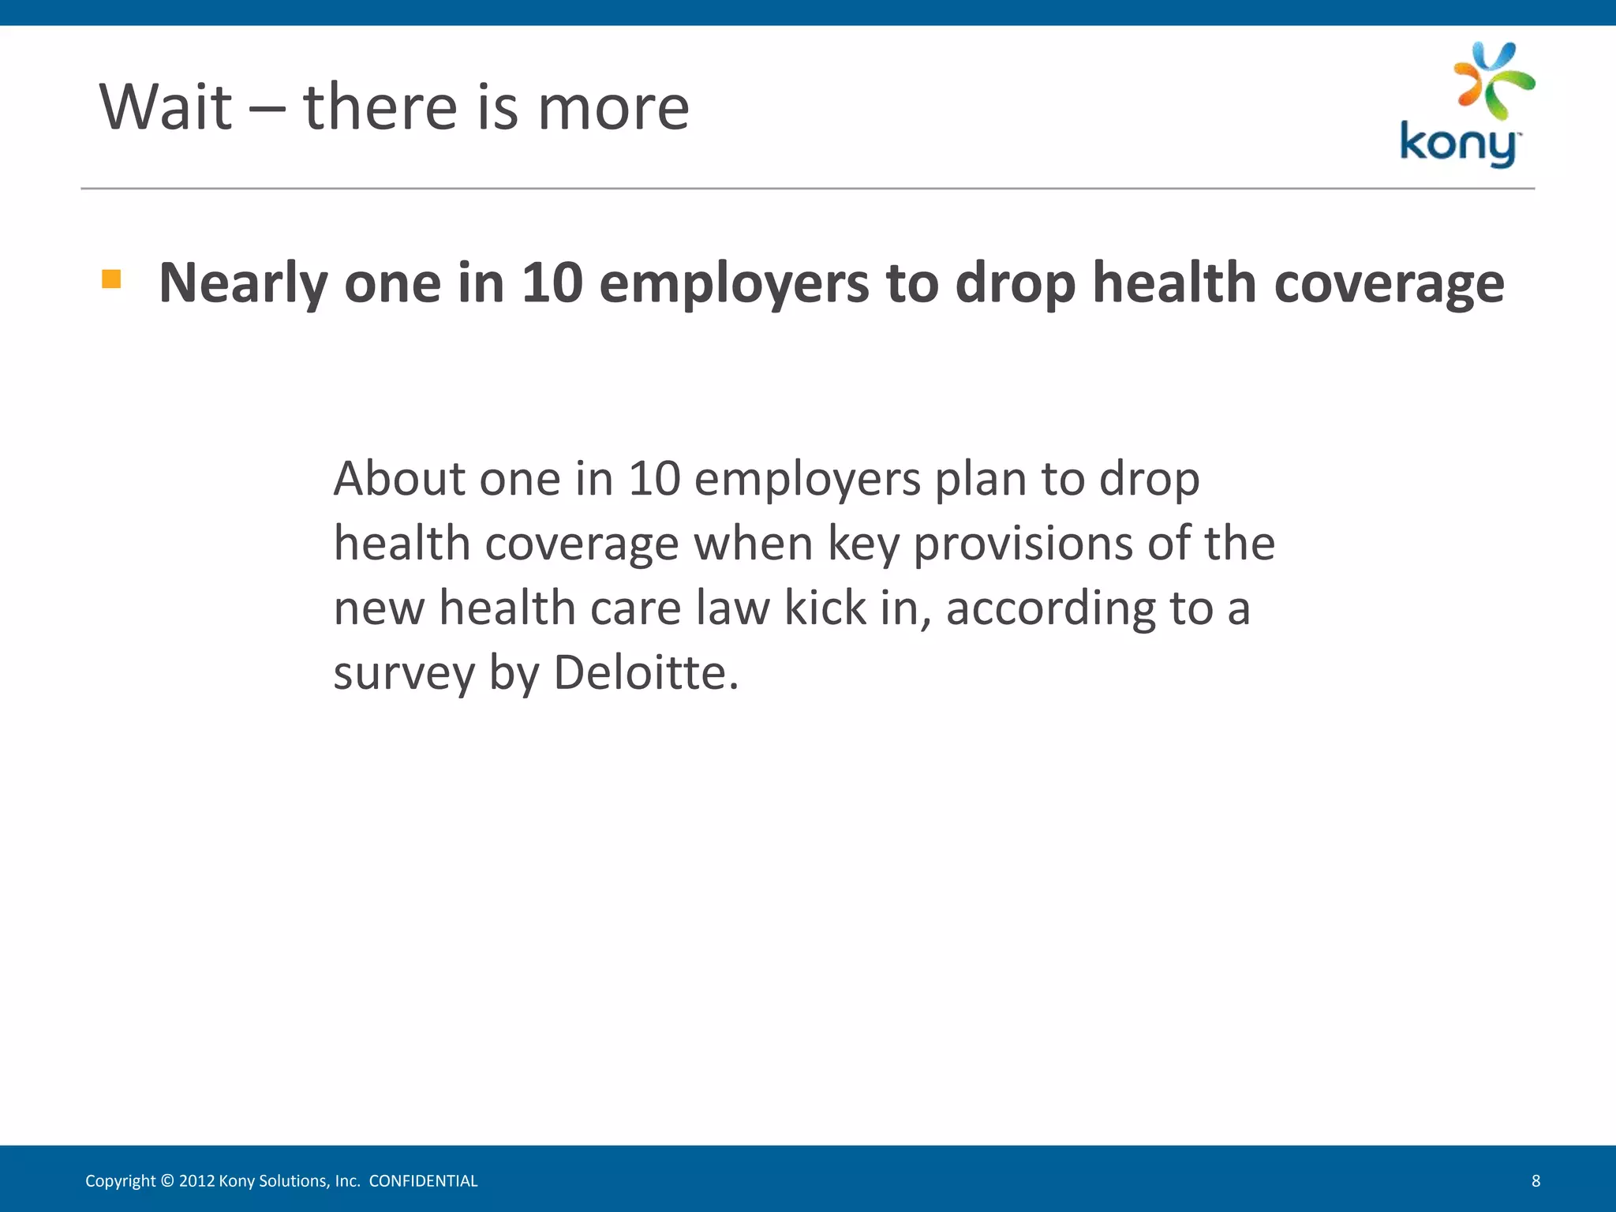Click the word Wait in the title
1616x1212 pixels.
point(166,107)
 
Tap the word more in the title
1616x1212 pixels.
point(613,107)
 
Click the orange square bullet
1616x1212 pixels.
point(111,279)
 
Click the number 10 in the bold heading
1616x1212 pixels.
point(552,282)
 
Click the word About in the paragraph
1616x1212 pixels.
point(399,479)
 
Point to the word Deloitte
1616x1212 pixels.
point(645,673)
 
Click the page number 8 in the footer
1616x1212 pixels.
point(1536,1181)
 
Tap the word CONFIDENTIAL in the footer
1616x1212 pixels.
point(423,1181)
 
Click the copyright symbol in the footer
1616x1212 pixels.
point(166,1181)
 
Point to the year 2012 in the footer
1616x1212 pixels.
point(196,1181)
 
